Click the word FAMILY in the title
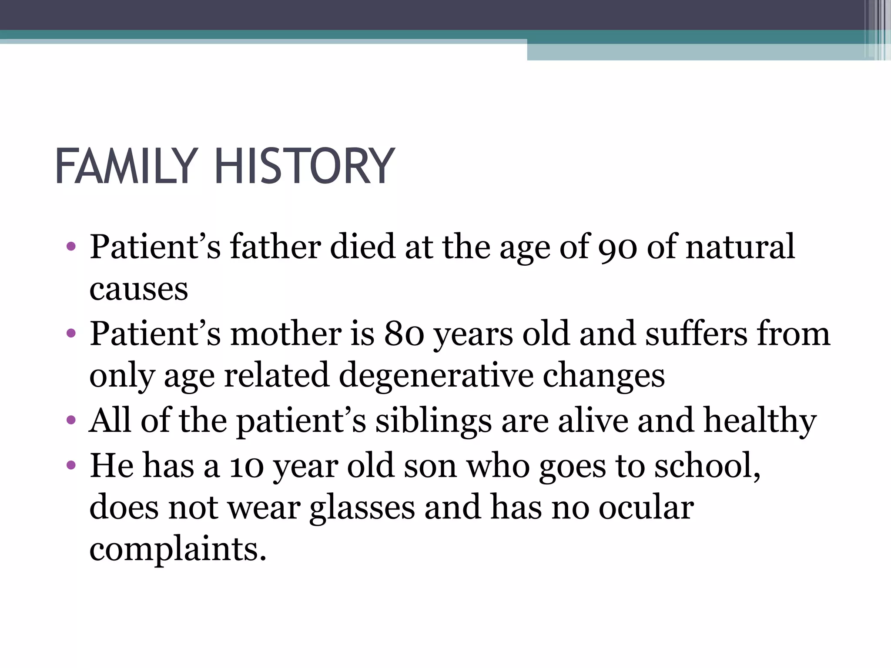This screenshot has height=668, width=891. pyautogui.click(x=127, y=167)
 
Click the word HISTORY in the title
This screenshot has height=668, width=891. pyautogui.click(x=305, y=167)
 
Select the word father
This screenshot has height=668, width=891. pyautogui.click(x=275, y=247)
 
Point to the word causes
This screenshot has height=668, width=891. pyautogui.click(x=139, y=289)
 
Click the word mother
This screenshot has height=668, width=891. pyautogui.click(x=285, y=334)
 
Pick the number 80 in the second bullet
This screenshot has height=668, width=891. pyautogui.click(x=404, y=334)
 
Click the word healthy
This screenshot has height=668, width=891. pyautogui.click(x=760, y=421)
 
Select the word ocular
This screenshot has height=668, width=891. pyautogui.click(x=646, y=508)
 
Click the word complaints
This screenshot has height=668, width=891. pyautogui.click(x=178, y=549)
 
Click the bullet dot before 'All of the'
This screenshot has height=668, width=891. pyautogui.click(x=71, y=421)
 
